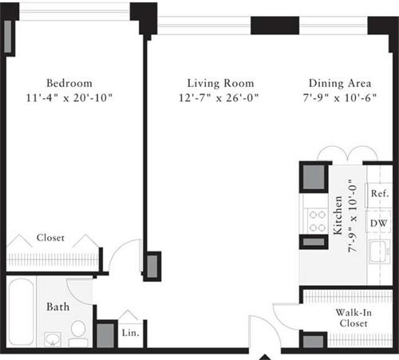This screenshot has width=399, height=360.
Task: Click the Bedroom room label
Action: pos(69,83)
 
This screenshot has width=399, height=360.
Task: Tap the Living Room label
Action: pos(220,83)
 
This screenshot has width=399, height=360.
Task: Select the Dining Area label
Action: pos(338,83)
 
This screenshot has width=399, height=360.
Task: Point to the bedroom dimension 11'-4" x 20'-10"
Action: pos(69,98)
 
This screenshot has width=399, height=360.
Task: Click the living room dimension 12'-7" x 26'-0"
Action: pos(220,98)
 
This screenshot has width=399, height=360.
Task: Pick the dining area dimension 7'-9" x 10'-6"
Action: pos(338,98)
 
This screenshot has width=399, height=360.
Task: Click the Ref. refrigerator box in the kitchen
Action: pos(378,194)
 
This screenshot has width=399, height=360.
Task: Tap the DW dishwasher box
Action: pos(378,223)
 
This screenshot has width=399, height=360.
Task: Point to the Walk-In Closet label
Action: pos(351,318)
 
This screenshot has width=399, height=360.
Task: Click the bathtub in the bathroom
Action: pos(20,311)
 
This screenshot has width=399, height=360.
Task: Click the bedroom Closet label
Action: pos(51,238)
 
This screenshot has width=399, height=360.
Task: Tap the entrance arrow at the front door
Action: pos(264,354)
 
